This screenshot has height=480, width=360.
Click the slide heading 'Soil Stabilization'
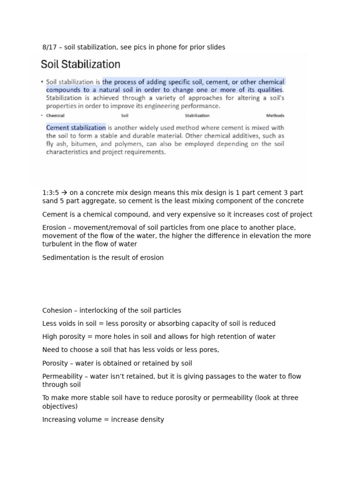(x=81, y=64)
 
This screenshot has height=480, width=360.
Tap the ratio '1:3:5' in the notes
(x=51, y=193)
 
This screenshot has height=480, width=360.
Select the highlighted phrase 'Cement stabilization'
(x=76, y=127)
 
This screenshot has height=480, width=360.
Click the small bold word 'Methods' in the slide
(x=275, y=115)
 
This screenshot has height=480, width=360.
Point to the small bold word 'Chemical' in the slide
(x=55, y=115)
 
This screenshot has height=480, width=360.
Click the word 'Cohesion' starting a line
(x=57, y=310)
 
